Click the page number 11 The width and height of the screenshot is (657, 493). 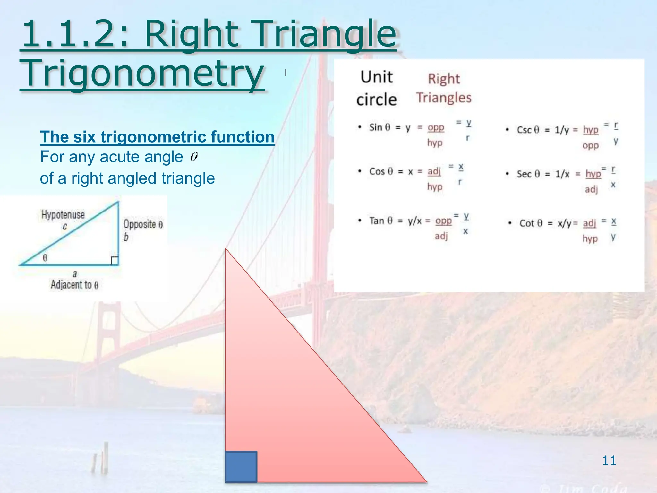(x=609, y=461)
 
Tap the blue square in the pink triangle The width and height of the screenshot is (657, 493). (x=241, y=467)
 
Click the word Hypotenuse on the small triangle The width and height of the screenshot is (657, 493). (x=63, y=214)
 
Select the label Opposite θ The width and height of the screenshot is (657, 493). (x=143, y=224)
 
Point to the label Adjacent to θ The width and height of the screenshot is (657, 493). (x=74, y=285)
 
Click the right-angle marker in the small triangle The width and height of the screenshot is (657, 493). (x=115, y=261)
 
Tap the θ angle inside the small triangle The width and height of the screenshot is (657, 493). (x=45, y=257)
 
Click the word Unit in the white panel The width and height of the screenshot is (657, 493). (x=377, y=77)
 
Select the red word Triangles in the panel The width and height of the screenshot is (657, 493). (x=444, y=98)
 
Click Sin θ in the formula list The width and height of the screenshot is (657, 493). (x=380, y=127)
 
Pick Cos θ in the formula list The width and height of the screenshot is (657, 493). (x=381, y=171)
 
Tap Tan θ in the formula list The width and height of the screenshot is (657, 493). (x=381, y=221)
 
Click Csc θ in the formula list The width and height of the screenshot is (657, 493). (x=528, y=130)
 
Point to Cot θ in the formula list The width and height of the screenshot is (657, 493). (x=531, y=223)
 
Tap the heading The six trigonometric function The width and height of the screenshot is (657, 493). (x=157, y=137)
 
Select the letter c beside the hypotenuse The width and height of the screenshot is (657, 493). (x=65, y=227)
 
